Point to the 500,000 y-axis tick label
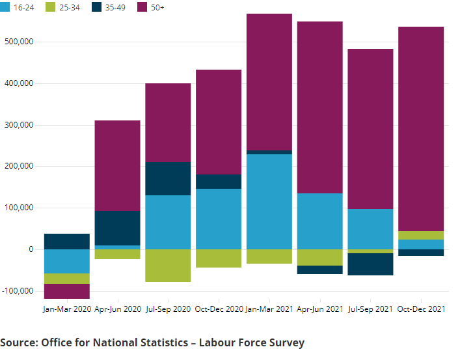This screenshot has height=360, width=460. [18, 42]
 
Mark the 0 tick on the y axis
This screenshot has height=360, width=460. [30, 249]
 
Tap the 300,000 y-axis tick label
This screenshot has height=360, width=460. [18, 125]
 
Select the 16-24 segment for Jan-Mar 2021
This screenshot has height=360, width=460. [269, 202]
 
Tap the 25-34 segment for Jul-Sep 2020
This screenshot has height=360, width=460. [168, 266]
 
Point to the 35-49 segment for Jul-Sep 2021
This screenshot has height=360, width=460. [370, 264]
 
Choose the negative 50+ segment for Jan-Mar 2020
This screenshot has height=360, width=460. [67, 291]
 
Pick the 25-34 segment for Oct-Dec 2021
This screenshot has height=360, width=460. [421, 235]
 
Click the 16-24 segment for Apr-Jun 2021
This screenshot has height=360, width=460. [320, 221]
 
